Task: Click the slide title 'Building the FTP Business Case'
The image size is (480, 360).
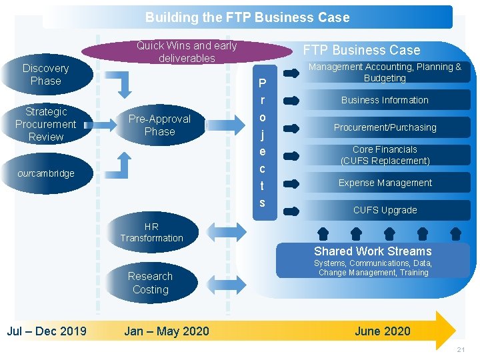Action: (x=247, y=17)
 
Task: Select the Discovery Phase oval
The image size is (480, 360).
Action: (x=45, y=75)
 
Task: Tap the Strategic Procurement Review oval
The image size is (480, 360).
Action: (x=45, y=124)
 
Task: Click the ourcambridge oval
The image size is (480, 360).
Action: (x=46, y=173)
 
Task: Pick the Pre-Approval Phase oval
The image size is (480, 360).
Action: (x=159, y=125)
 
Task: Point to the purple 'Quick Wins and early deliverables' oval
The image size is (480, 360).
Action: (x=187, y=52)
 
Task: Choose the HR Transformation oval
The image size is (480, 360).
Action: (x=151, y=232)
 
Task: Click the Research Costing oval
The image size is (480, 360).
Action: (x=150, y=283)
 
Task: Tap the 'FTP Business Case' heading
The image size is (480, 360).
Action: (x=362, y=50)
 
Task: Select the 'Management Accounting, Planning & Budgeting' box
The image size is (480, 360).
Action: (x=385, y=72)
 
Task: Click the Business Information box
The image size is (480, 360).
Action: (x=385, y=100)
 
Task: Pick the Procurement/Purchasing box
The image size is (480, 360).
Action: (x=385, y=127)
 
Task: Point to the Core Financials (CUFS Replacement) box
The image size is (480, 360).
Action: (x=385, y=155)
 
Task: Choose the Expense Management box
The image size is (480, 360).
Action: (x=385, y=183)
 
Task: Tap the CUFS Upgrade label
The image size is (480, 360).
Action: (x=385, y=210)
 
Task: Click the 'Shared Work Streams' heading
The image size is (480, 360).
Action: (x=373, y=251)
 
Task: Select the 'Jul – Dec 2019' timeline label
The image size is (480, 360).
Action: (x=47, y=331)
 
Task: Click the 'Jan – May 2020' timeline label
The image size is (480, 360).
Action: (x=167, y=331)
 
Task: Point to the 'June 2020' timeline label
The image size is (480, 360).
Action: (x=383, y=331)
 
